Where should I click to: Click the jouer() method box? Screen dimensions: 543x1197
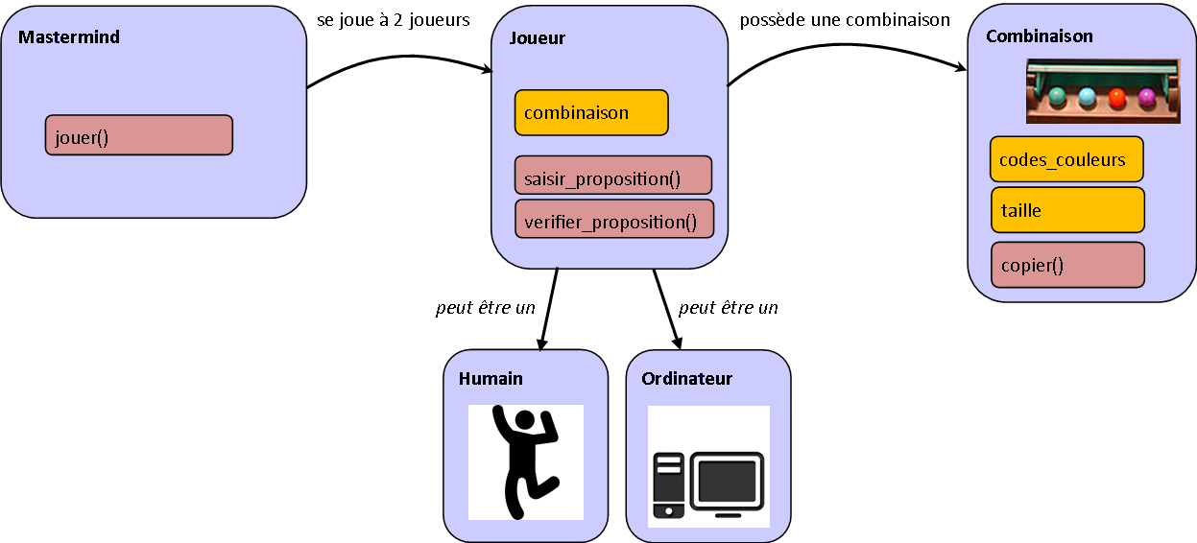(138, 135)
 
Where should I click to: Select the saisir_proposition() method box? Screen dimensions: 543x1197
(612, 177)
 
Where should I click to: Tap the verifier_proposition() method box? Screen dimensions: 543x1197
(613, 220)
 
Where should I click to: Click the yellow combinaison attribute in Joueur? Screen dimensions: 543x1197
(590, 113)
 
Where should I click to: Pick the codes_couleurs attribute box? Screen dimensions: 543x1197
(1065, 160)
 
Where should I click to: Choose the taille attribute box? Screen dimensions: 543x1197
(1066, 210)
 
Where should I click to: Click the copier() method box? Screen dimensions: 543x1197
(1066, 265)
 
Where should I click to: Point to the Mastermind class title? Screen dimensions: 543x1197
(69, 37)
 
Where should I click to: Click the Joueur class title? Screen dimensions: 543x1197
(536, 38)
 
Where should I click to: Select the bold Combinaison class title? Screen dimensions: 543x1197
(1039, 36)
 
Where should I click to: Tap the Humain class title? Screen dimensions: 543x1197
(491, 379)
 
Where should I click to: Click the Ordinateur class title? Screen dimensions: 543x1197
(686, 379)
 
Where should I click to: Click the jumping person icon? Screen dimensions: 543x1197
(525, 461)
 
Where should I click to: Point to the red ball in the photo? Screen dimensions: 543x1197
(1117, 97)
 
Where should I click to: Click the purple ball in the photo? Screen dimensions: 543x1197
(1146, 97)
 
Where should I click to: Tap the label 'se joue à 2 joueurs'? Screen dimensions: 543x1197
(394, 20)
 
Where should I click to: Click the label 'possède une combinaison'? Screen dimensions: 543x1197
(845, 20)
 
